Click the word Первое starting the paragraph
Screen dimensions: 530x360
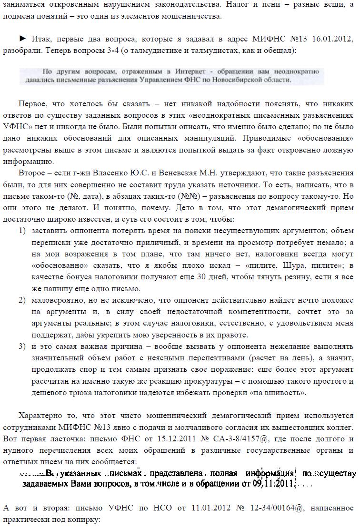click(33, 104)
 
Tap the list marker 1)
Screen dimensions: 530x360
click(22, 231)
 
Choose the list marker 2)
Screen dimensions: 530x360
click(22, 300)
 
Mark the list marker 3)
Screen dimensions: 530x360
click(22, 347)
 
